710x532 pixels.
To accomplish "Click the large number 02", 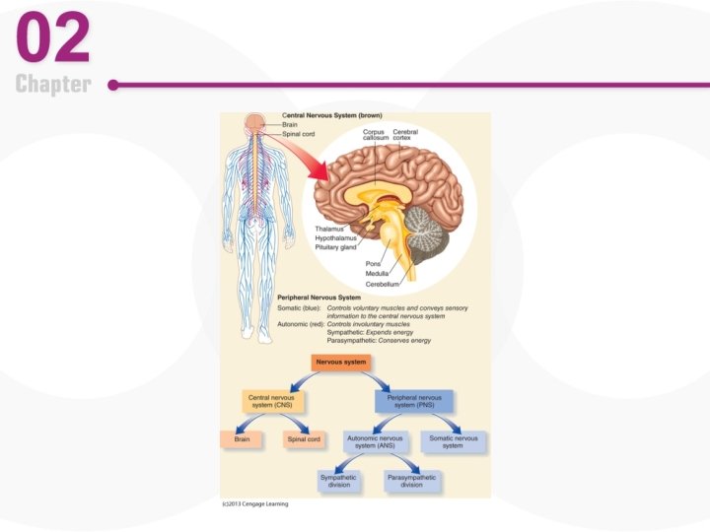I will click(53, 38).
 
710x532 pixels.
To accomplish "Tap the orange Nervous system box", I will click(341, 363).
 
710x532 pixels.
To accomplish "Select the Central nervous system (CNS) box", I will click(271, 401).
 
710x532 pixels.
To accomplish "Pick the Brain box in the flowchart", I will click(242, 439).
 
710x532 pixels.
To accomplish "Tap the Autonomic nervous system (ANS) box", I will click(377, 442).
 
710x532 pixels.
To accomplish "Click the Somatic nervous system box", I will click(453, 442).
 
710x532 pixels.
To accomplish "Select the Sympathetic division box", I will click(338, 482).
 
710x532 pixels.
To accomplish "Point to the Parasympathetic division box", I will click(411, 482).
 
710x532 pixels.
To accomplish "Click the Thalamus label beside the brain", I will click(330, 229).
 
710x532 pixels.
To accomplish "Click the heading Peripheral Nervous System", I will click(319, 297).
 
